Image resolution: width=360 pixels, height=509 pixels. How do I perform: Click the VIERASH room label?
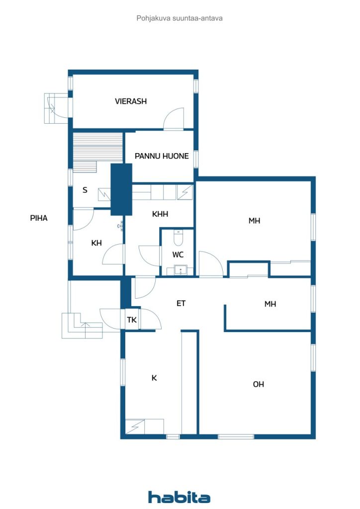tap(131, 101)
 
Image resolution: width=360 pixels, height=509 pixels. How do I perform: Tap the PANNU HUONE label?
tap(162, 156)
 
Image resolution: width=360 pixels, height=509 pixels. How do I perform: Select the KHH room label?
tap(160, 214)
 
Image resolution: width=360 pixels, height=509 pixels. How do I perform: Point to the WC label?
tap(178, 254)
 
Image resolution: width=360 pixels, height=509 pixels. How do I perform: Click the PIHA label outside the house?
tap(39, 218)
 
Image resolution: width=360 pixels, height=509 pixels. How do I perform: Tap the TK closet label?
tap(132, 320)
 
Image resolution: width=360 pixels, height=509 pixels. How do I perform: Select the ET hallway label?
tap(181, 304)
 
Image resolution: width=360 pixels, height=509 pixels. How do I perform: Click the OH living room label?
tap(259, 384)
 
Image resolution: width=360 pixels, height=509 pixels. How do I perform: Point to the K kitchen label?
tap(154, 378)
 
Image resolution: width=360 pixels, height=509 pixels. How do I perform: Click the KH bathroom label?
tap(96, 243)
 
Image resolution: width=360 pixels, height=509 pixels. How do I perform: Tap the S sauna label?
tap(85, 190)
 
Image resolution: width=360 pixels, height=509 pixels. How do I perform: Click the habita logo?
tap(179, 497)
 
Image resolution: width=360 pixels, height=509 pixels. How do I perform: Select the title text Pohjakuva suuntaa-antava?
tap(180, 18)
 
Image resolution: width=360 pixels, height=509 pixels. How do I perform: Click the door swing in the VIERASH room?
tap(174, 118)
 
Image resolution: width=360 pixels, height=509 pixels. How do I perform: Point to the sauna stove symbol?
tap(104, 194)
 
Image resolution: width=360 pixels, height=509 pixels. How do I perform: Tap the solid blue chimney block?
tap(121, 189)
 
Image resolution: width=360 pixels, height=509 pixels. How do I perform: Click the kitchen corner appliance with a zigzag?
tap(135, 426)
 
